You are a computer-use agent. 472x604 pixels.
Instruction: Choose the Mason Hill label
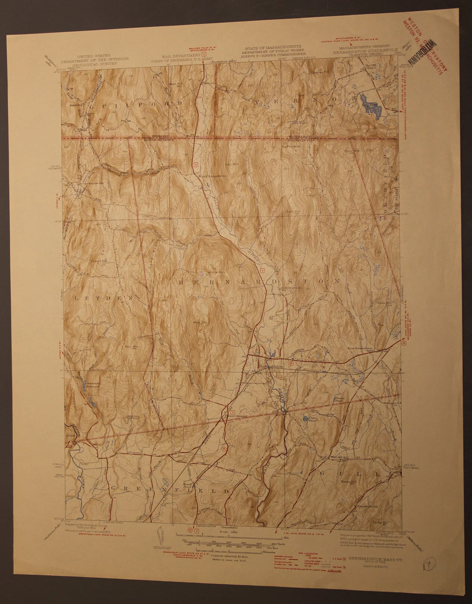click(x=347, y=482)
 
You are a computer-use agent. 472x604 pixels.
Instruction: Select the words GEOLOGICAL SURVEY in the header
click(x=95, y=63)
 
